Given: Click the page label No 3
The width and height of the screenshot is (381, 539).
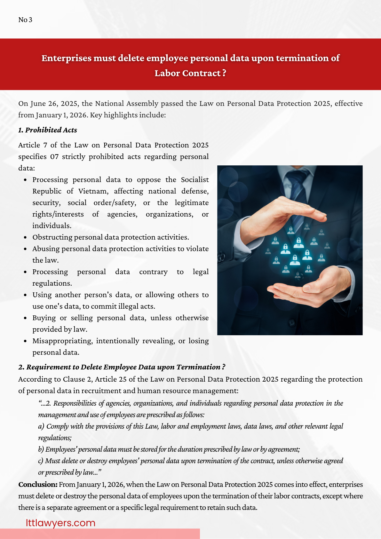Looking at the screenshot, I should pyautogui.click(x=25, y=20).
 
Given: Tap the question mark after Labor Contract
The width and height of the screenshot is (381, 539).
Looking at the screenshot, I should pyautogui.click(x=224, y=73).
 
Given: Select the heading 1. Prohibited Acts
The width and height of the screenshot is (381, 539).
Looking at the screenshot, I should pyautogui.click(x=48, y=130).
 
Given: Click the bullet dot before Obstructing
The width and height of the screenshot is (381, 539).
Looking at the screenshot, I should pyautogui.click(x=25, y=237).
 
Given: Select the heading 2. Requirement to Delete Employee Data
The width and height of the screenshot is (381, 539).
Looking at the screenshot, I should pyautogui.click(x=122, y=367).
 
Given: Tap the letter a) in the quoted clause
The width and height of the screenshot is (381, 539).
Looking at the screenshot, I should pyautogui.click(x=41, y=426).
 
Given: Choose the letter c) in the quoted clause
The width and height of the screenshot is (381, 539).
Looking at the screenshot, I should pyautogui.click(x=41, y=461).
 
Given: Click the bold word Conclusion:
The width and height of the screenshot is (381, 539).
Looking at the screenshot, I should pyautogui.click(x=38, y=485).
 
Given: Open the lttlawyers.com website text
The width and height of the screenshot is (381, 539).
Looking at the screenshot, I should pyautogui.click(x=60, y=523).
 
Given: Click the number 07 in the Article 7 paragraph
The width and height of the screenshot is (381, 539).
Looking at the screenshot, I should pyautogui.click(x=54, y=157).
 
